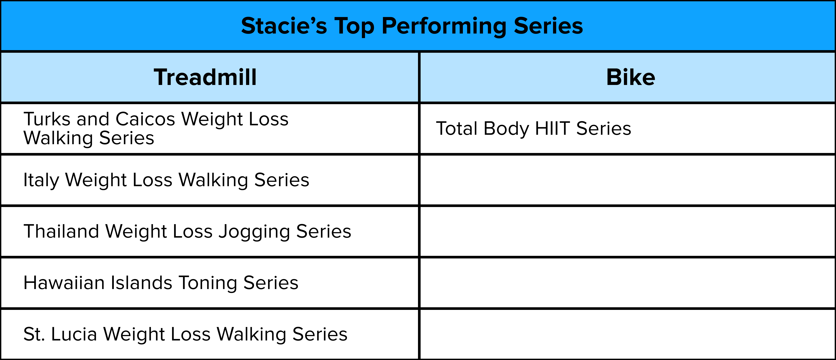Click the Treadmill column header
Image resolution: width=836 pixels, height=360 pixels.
click(205, 77)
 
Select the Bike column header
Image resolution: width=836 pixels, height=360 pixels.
click(631, 77)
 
